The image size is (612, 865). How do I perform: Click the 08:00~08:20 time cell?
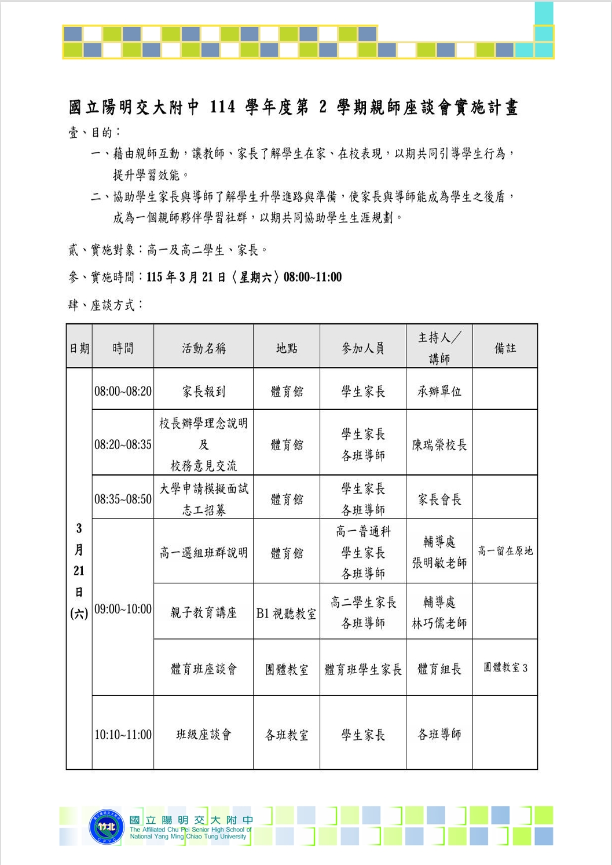(x=123, y=391)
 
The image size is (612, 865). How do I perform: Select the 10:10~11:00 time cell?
(x=123, y=735)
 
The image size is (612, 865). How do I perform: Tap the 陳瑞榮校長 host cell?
(x=439, y=445)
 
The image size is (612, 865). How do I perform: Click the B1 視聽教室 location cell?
(x=287, y=614)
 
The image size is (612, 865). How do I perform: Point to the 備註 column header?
(x=505, y=348)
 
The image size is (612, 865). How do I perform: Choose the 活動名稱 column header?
(x=203, y=348)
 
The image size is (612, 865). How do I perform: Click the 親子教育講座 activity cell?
(x=203, y=613)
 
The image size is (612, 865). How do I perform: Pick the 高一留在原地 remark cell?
(x=505, y=551)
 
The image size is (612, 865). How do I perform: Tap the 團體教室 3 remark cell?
(x=505, y=668)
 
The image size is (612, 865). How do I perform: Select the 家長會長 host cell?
(x=439, y=499)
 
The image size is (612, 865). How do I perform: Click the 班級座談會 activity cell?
(x=203, y=735)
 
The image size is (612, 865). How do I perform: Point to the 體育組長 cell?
(x=439, y=669)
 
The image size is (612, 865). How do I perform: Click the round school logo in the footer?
(x=107, y=826)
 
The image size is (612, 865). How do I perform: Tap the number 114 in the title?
(x=222, y=107)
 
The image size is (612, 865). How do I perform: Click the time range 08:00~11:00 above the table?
(x=313, y=277)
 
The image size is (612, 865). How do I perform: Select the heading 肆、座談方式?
(x=105, y=305)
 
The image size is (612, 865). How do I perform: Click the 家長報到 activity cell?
(x=203, y=391)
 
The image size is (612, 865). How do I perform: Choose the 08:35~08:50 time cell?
(x=123, y=499)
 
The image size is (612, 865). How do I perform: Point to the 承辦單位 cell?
(x=439, y=391)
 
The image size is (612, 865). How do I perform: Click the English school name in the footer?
(x=190, y=833)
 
